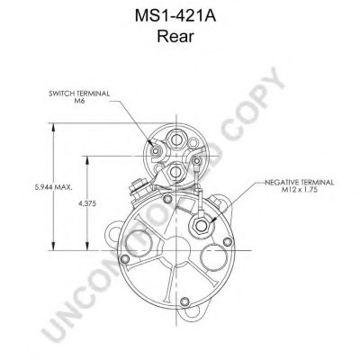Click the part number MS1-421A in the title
tap(175, 16)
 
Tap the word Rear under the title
tap(175, 37)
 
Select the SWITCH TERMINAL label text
tap(79, 94)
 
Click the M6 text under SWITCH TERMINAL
tap(79, 101)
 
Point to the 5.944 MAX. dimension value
tap(53, 187)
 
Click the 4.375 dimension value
tap(87, 203)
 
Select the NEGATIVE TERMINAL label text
tap(299, 183)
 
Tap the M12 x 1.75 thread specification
tap(299, 190)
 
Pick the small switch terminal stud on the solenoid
tap(155, 151)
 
